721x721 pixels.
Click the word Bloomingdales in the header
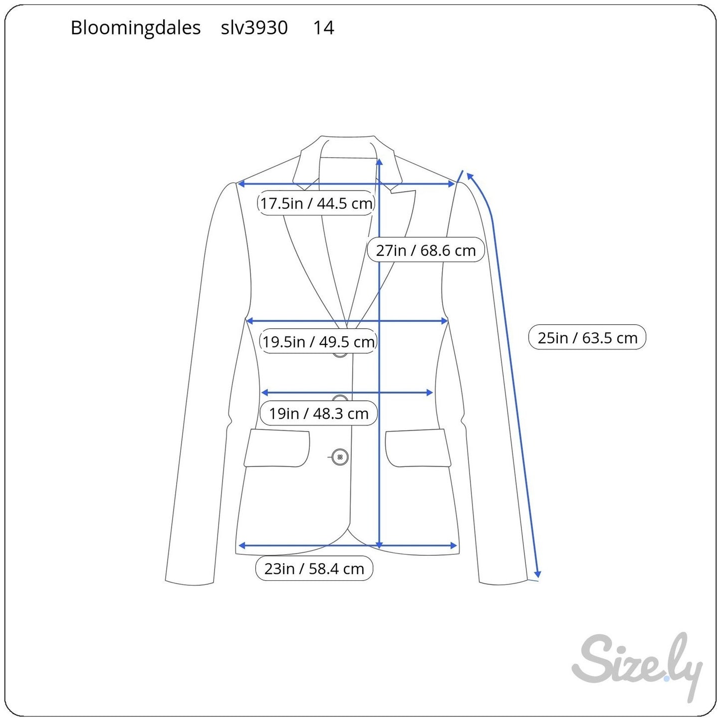click(x=135, y=28)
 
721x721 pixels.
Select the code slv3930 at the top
click(x=254, y=27)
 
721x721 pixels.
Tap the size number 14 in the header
click(x=324, y=27)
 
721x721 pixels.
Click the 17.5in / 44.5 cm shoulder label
click(x=316, y=203)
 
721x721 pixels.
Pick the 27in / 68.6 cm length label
click(x=426, y=250)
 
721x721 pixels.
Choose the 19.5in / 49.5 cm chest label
click(x=318, y=342)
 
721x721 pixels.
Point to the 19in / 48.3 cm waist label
click(x=319, y=414)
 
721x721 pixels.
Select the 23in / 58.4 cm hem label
click(x=314, y=568)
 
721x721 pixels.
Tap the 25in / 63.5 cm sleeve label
click(x=587, y=337)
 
